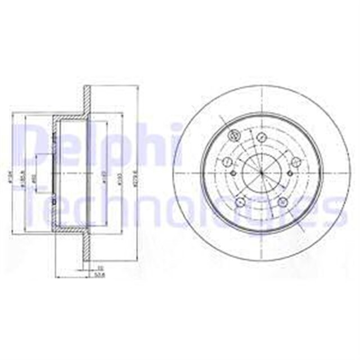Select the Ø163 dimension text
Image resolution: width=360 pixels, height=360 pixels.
[x=119, y=181]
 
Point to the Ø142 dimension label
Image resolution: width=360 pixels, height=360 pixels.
[x=104, y=181]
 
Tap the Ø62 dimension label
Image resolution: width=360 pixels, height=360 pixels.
[x=34, y=178]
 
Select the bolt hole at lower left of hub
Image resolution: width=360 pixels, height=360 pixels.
[x=240, y=203]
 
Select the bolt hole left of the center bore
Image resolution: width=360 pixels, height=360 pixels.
[x=228, y=163]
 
